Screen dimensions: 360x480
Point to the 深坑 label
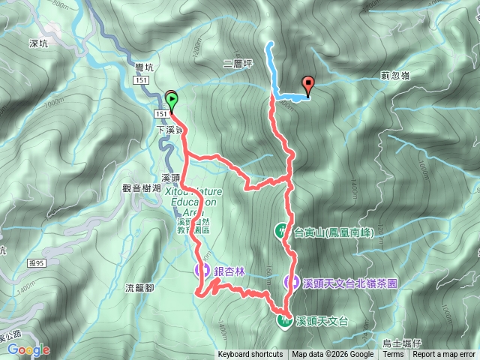[x=37, y=44]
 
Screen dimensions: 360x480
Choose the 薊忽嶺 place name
[x=394, y=75]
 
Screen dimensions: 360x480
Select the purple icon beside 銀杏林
[x=202, y=269]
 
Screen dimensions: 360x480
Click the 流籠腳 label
[x=139, y=288]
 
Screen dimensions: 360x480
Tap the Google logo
[x=29, y=349]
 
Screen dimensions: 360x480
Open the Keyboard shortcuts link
[x=250, y=355]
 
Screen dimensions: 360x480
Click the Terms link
[x=393, y=355]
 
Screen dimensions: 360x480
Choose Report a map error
[x=445, y=355]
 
